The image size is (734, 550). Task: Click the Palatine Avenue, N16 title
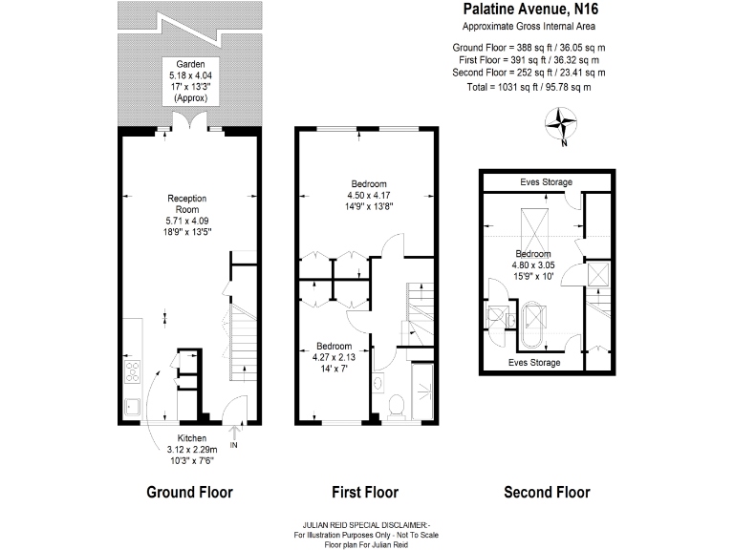532,11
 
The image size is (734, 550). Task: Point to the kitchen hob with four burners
131,373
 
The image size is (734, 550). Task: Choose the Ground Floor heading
189,493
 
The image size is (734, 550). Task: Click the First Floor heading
364,493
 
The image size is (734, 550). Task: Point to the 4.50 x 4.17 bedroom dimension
368,194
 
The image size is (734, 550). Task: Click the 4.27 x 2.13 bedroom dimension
335,356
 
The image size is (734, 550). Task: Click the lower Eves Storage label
534,363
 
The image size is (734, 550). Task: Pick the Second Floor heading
547,493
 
